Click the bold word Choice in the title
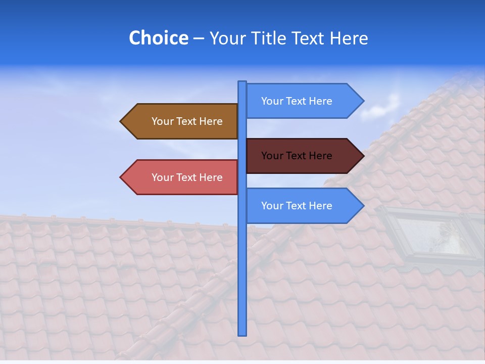(158, 38)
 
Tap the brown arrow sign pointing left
(179, 121)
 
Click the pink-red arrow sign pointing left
(179, 177)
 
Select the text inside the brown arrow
(187, 121)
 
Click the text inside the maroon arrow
(297, 156)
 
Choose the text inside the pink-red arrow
(187, 177)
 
